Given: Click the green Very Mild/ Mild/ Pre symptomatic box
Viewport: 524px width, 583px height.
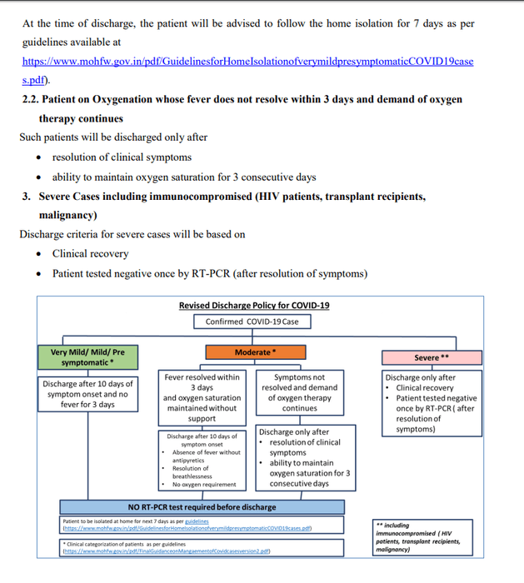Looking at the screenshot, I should (x=87, y=357).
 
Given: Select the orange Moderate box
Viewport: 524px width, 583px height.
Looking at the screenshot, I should (x=255, y=352).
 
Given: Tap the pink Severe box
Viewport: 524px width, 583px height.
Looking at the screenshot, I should (x=432, y=358).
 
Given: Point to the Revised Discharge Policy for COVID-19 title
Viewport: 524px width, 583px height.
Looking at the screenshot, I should (x=254, y=306).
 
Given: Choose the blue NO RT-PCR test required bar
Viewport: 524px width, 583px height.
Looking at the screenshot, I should (x=202, y=506).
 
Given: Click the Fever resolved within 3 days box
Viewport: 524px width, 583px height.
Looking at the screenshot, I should (x=202, y=397).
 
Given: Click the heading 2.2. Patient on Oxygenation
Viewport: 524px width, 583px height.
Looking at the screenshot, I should (x=242, y=99).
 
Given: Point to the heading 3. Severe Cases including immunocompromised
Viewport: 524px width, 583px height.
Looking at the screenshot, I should (x=224, y=197).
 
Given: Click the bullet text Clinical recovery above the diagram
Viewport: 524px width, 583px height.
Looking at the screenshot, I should (x=90, y=253).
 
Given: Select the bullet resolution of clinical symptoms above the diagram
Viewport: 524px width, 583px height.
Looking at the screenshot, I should (x=122, y=157).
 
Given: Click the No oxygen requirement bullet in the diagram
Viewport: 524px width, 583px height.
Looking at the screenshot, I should (x=204, y=485).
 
